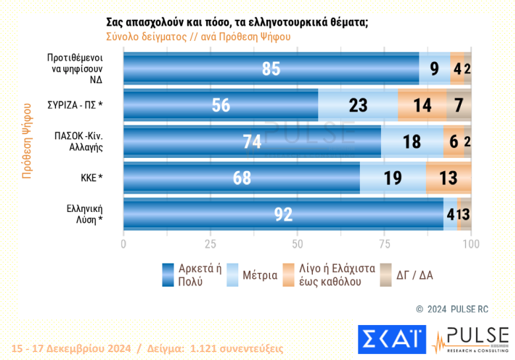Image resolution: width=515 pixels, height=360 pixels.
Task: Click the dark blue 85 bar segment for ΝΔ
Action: [271, 68]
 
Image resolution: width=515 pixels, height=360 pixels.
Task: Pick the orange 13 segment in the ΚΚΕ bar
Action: [449, 178]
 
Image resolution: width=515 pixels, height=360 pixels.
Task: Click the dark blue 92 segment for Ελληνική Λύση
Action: [283, 214]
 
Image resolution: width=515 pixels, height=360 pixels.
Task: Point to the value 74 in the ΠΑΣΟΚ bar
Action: [252, 141]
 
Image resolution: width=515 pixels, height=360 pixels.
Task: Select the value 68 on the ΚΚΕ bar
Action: [242, 178]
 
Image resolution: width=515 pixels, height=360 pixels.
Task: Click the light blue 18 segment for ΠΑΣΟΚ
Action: [412, 141]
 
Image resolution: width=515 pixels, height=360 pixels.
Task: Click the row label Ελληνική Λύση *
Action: [83, 214]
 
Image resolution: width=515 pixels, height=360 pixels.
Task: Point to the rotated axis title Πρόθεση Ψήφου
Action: [26, 141]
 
